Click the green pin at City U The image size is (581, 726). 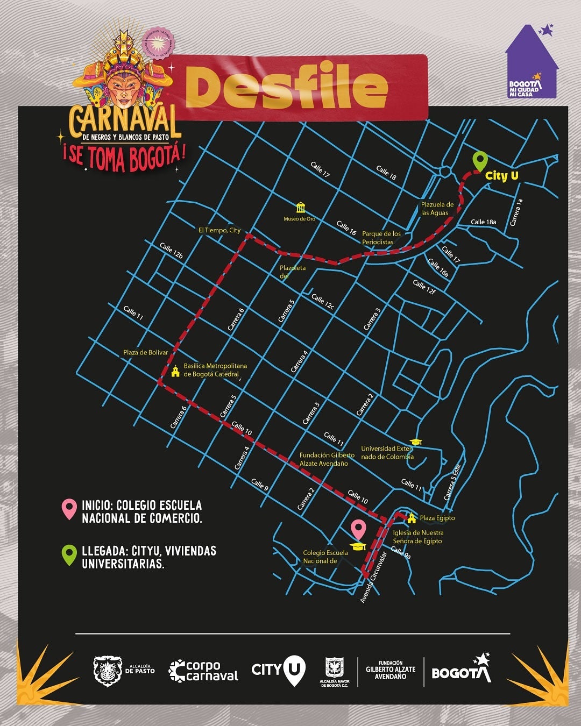[x=480, y=161]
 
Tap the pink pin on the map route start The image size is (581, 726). [x=359, y=530]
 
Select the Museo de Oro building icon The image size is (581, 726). [x=300, y=208]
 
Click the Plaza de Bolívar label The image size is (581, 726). [x=145, y=353]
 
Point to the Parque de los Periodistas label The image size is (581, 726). [x=381, y=238]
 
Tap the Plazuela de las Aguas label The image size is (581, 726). [x=437, y=209]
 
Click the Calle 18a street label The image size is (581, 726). [x=483, y=222]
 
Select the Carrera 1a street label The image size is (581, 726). [x=516, y=212]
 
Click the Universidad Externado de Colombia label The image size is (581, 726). [x=387, y=452]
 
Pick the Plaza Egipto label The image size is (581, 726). [x=437, y=518]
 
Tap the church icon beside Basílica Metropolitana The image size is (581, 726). [x=175, y=371]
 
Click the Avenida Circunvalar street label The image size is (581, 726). [x=373, y=577]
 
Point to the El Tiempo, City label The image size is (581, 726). [x=219, y=230]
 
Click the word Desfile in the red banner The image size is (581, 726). [x=286, y=88]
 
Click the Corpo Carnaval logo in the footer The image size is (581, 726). [x=203, y=671]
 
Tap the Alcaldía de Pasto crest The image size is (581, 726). [x=108, y=670]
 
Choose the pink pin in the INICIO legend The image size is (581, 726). [x=69, y=509]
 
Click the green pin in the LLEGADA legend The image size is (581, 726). [x=69, y=555]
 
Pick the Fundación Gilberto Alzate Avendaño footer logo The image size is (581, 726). [x=391, y=670]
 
